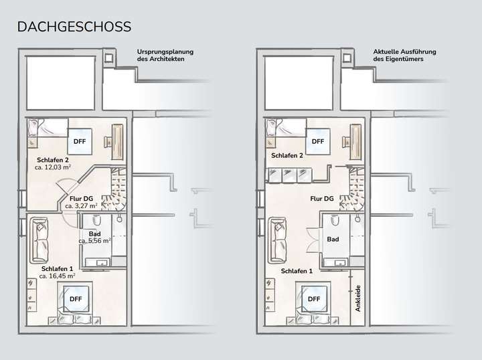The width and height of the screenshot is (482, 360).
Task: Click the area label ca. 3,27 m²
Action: [x=81, y=207]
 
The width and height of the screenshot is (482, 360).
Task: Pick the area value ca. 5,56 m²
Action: [x=94, y=241]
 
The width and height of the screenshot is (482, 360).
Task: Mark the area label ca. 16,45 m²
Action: [x=57, y=275]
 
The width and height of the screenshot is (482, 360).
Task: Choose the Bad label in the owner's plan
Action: [x=333, y=239]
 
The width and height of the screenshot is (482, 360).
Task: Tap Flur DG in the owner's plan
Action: [x=323, y=199]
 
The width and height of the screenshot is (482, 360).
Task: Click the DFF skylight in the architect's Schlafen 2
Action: [x=79, y=141]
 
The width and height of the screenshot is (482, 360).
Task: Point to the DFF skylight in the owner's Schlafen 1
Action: [x=314, y=298]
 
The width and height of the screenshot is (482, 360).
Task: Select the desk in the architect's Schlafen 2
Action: [x=118, y=138]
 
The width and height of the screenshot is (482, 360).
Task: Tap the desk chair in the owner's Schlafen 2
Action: [x=346, y=141]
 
